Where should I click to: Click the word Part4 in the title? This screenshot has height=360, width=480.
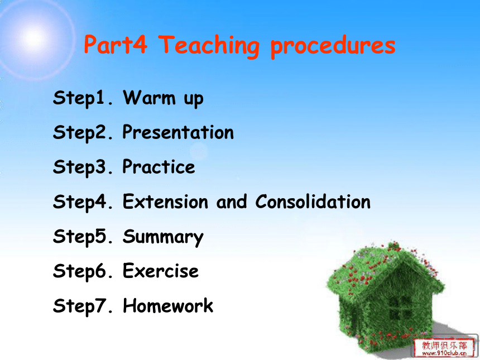[116, 45]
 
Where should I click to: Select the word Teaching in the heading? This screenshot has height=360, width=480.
[209, 46]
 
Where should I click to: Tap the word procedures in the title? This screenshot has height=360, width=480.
[333, 46]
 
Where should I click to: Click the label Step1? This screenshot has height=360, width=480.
[83, 98]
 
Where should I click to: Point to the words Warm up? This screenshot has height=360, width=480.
[163, 98]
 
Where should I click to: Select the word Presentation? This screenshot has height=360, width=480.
[178, 132]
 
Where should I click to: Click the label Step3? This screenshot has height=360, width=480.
[83, 167]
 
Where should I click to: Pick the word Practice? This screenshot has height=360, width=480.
[159, 167]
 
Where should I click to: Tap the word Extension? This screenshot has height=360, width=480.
[165, 201]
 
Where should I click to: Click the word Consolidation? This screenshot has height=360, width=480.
[313, 201]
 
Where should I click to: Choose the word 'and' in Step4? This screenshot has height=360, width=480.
[232, 201]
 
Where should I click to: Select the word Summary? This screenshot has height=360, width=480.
[163, 237]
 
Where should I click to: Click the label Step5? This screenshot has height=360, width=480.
[83, 237]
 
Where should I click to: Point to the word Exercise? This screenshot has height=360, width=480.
[161, 271]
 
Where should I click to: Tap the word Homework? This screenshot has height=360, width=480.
[168, 305]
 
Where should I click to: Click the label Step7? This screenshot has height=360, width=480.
[83, 306]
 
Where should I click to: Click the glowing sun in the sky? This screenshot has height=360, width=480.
[33, 39]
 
